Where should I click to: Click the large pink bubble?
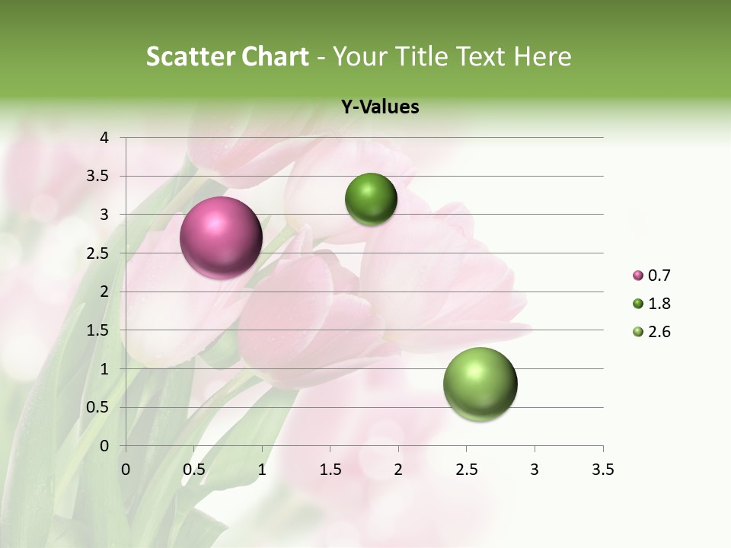222,237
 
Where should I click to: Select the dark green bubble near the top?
371,199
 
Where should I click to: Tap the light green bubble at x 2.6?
480,384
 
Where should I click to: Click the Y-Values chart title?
380,107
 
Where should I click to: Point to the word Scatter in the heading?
188,56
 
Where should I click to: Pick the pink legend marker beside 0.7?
638,276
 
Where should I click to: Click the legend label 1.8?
659,304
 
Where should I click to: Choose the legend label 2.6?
659,332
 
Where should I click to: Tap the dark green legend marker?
638,304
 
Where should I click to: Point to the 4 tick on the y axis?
104,138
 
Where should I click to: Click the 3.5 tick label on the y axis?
98,176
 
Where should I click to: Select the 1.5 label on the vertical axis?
98,330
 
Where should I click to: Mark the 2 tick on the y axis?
104,292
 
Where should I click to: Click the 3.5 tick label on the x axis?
602,470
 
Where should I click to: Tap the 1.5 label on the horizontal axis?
330,470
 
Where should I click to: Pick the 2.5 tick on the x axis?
466,470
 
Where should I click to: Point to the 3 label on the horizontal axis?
535,470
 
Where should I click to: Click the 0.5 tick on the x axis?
194,470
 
